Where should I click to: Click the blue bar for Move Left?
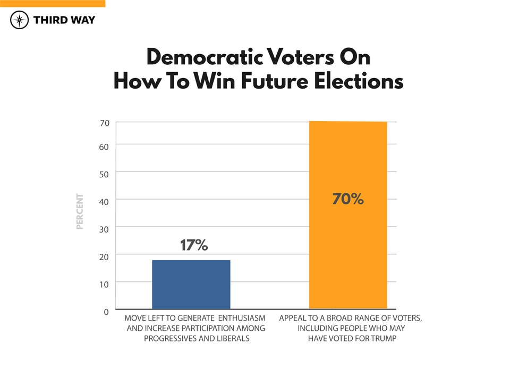pyautogui.click(x=191, y=284)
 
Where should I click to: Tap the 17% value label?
pyautogui.click(x=193, y=245)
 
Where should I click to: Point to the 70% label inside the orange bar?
pyautogui.click(x=348, y=199)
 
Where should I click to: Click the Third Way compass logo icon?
pyautogui.click(x=20, y=20)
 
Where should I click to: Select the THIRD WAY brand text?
pyautogui.click(x=64, y=20)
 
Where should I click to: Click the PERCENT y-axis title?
pyautogui.click(x=80, y=211)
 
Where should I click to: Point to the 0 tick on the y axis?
pyautogui.click(x=106, y=312)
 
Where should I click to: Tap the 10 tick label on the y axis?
pyautogui.click(x=104, y=284)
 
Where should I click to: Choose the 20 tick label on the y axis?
pyautogui.click(x=104, y=256)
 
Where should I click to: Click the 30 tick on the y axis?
pyautogui.click(x=104, y=228)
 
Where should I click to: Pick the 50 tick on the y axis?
pyautogui.click(x=104, y=173)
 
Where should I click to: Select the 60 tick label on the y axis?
pyautogui.click(x=104, y=145)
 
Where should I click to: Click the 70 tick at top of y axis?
pyautogui.click(x=104, y=123)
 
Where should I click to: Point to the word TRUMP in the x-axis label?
pyautogui.click(x=382, y=338)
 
